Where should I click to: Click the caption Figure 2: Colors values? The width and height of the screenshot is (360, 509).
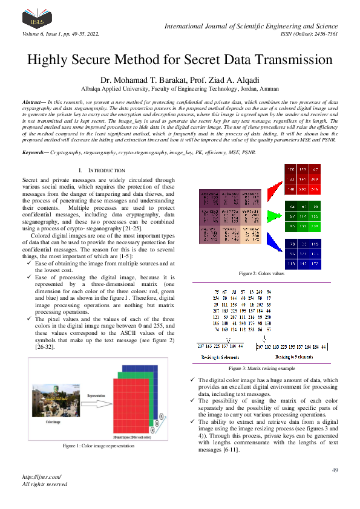pos(262,273)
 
